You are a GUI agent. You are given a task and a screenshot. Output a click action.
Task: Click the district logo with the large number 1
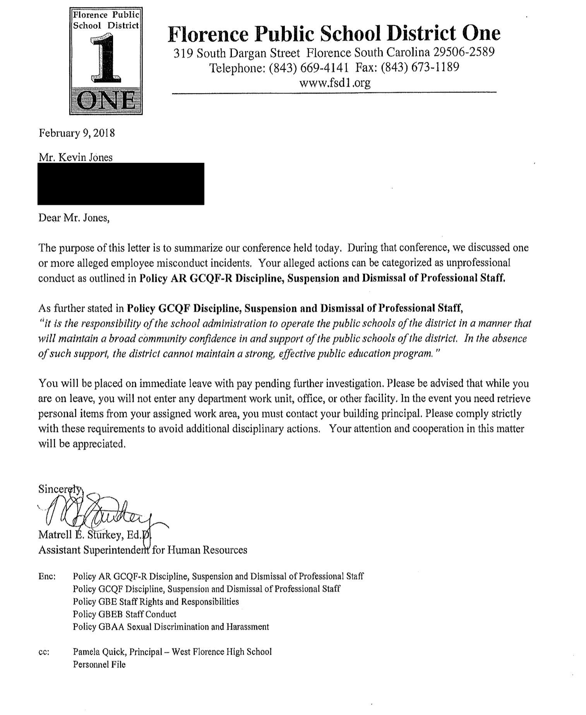coord(106,61)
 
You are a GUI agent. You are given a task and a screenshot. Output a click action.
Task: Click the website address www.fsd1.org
coord(334,82)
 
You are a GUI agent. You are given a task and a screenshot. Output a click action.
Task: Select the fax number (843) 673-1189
coord(420,67)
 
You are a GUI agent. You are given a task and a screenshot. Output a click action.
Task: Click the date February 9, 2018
coord(77,133)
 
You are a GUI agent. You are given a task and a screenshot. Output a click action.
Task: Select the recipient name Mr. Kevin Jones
coord(75,157)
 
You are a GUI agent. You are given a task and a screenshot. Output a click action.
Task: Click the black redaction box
coord(121,184)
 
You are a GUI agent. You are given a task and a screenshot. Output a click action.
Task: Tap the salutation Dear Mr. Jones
coord(74,218)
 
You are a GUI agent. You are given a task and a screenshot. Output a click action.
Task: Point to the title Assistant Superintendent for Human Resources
coord(142,550)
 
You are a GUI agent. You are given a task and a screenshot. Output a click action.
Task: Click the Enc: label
coord(47,576)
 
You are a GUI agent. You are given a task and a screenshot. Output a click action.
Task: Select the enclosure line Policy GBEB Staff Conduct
coord(124,614)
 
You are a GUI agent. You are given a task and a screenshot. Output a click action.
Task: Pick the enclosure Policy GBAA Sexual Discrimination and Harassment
coord(171,627)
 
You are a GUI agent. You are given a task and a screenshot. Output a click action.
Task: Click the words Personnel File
coord(99,665)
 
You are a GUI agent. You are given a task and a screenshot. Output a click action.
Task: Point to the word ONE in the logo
coord(106,102)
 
